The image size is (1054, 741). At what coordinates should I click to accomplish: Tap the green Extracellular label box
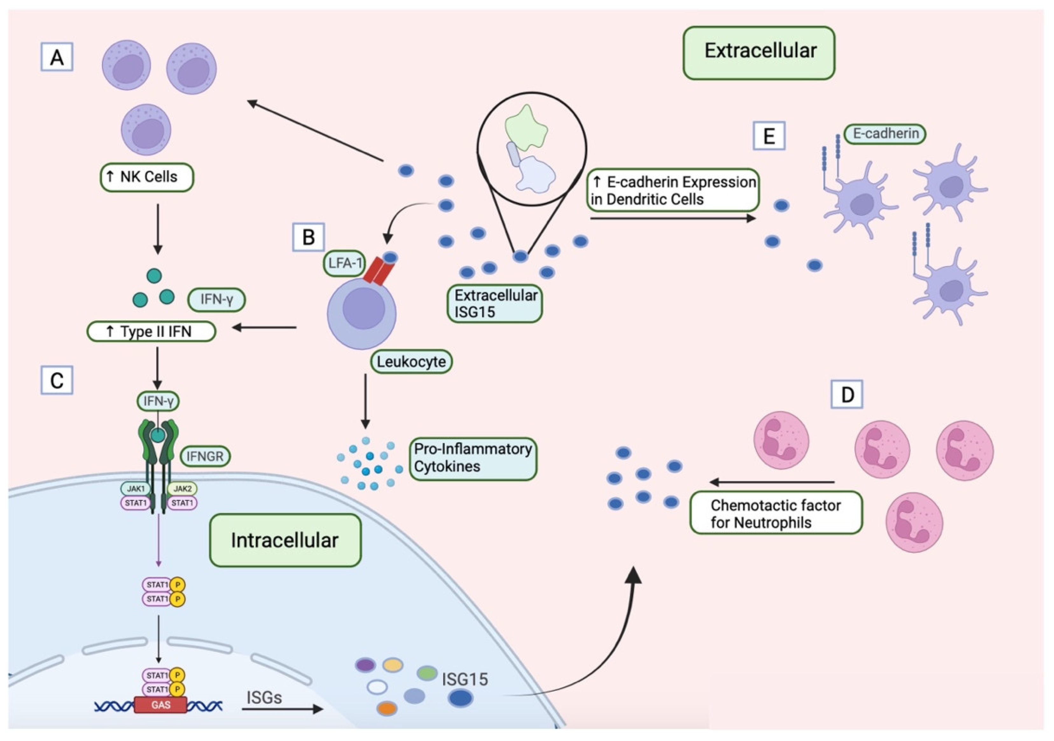click(759, 52)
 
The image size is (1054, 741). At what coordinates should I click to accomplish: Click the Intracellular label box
click(285, 540)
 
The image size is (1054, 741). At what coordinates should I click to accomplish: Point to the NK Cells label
click(147, 177)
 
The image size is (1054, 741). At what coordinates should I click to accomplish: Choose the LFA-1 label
click(344, 263)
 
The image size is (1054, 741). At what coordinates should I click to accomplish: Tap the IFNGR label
click(205, 456)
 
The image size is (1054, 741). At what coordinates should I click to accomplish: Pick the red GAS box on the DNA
click(161, 705)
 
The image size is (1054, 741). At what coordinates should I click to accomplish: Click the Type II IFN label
click(151, 332)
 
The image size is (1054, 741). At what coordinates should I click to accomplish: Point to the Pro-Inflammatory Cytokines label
click(473, 458)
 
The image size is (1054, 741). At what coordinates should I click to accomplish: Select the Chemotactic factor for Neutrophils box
click(776, 513)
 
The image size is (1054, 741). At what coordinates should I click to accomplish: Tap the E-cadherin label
click(885, 134)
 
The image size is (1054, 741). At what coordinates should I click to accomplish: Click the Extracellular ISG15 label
click(495, 304)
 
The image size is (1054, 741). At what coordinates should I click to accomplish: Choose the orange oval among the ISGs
click(387, 709)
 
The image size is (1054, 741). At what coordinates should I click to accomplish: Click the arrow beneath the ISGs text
click(282, 709)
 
